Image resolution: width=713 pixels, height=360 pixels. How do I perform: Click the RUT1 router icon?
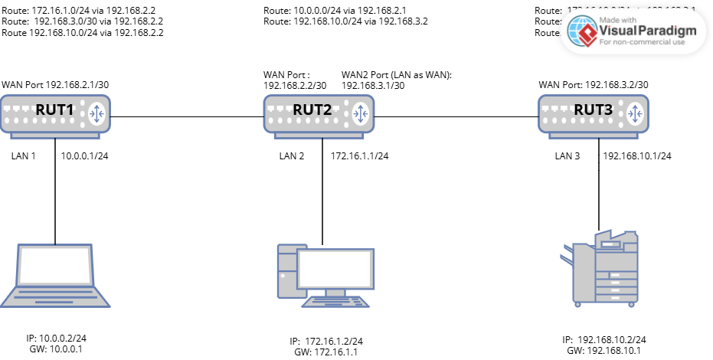click(x=55, y=114)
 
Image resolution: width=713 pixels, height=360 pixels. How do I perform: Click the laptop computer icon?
click(x=55, y=276)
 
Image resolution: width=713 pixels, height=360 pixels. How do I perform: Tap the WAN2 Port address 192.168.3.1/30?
click(x=373, y=86)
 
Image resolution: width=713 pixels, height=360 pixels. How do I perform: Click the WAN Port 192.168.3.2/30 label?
click(x=594, y=84)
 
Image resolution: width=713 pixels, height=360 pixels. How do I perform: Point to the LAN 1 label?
click(x=24, y=156)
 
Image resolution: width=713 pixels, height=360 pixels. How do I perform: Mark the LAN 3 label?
click(x=567, y=156)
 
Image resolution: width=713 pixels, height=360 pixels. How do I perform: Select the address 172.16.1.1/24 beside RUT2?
click(x=359, y=156)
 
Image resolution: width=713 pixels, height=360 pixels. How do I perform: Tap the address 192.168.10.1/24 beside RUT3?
click(x=637, y=156)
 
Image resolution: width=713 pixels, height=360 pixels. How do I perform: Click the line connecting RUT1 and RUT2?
click(x=188, y=116)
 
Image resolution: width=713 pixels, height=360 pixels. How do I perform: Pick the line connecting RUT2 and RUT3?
click(x=460, y=116)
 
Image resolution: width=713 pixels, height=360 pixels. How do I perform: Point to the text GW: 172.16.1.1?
click(x=325, y=352)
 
